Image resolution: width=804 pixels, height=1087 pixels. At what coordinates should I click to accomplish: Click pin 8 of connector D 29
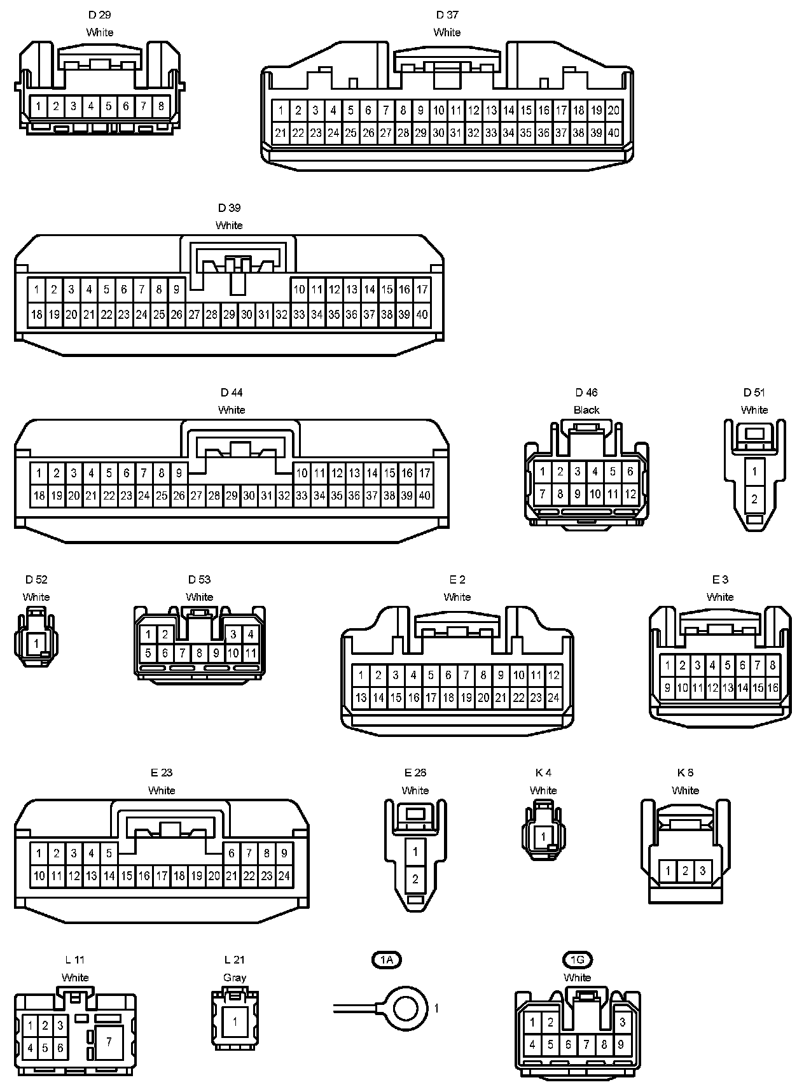[x=161, y=106]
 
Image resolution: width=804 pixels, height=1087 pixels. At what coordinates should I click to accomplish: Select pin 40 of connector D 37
[x=613, y=133]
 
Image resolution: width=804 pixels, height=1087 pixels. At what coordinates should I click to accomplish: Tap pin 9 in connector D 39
[x=176, y=290]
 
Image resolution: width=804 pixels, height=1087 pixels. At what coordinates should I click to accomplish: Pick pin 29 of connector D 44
[x=232, y=495]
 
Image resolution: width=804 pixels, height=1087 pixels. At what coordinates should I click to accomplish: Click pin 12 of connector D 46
[x=630, y=493]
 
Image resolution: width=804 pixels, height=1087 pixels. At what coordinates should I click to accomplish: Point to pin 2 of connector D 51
[x=754, y=499]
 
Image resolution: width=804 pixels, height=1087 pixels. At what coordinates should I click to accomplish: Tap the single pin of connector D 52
[x=36, y=643]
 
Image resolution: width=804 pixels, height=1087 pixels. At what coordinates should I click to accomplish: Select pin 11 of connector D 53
[x=251, y=652]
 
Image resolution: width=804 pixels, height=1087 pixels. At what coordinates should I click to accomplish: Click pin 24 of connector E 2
[x=553, y=698]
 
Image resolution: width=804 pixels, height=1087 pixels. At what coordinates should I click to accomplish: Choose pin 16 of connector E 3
[x=772, y=687]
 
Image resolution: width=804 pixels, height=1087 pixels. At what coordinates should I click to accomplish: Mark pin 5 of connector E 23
[x=109, y=853]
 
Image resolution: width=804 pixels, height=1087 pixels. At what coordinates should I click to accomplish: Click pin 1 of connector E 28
[x=415, y=851]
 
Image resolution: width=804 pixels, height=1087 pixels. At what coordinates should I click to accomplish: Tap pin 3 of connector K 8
[x=702, y=870]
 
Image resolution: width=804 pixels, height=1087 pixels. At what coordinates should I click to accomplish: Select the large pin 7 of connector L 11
[x=109, y=1042]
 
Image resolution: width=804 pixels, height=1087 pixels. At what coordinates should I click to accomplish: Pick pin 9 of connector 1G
[x=621, y=1044]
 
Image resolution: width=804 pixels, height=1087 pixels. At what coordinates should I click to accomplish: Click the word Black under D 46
[x=586, y=410]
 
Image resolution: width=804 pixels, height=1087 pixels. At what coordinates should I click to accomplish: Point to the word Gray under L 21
[x=235, y=978]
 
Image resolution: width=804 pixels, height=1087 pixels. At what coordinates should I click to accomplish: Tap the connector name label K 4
[x=543, y=773]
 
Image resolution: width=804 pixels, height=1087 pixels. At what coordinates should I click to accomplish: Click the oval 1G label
[x=577, y=960]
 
